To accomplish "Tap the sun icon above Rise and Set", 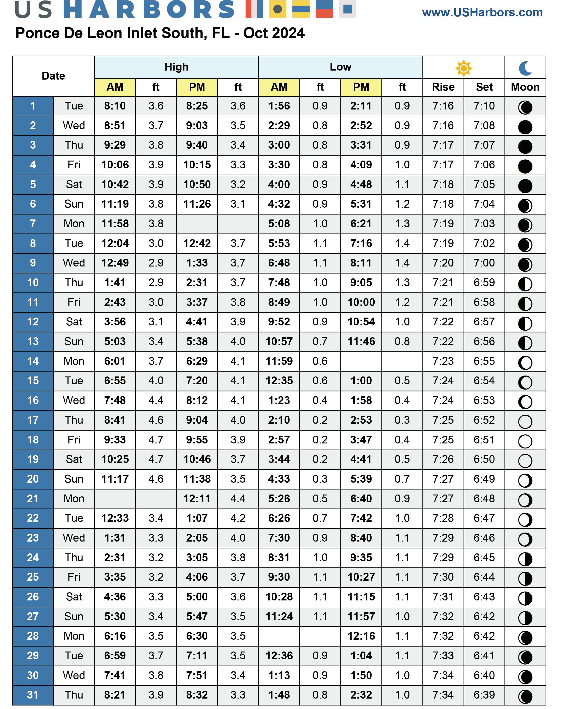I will pyautogui.click(x=464, y=68).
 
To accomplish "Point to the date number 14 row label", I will pyautogui.click(x=33, y=361).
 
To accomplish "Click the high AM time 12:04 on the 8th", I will pyautogui.click(x=115, y=243).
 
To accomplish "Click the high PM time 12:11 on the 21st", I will pyautogui.click(x=197, y=499).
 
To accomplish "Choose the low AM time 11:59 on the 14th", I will pyautogui.click(x=279, y=361).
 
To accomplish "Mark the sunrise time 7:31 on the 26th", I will pyautogui.click(x=443, y=597).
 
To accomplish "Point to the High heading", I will pyautogui.click(x=176, y=67).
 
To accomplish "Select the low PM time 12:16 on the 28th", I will pyautogui.click(x=361, y=636).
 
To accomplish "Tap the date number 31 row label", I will pyautogui.click(x=33, y=695).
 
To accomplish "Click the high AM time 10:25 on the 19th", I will pyautogui.click(x=115, y=459).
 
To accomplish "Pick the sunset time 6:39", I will pyautogui.click(x=484, y=695).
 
